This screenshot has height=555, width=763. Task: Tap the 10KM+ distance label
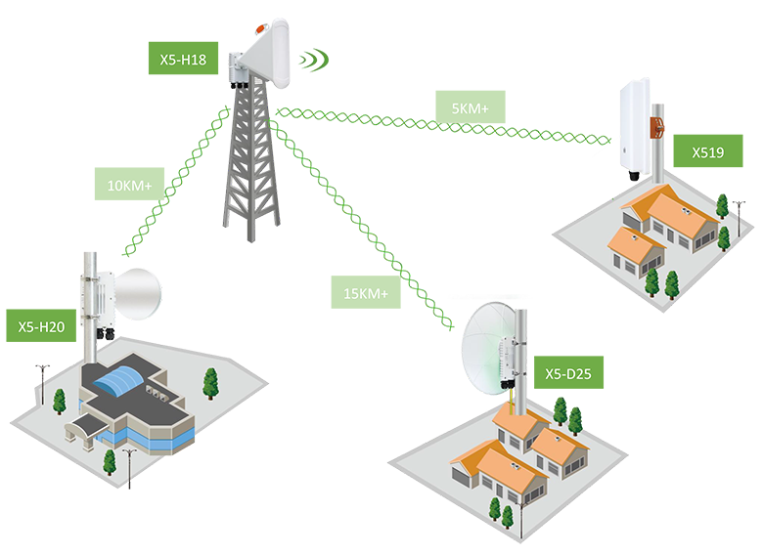coord(131,185)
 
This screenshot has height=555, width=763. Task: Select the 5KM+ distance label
coord(471,108)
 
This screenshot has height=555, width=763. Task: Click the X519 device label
coord(708,152)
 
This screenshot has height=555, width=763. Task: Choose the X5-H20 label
coord(41,326)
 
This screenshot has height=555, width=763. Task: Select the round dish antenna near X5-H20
coord(134,297)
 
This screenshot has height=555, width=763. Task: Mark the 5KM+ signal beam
coord(440,127)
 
